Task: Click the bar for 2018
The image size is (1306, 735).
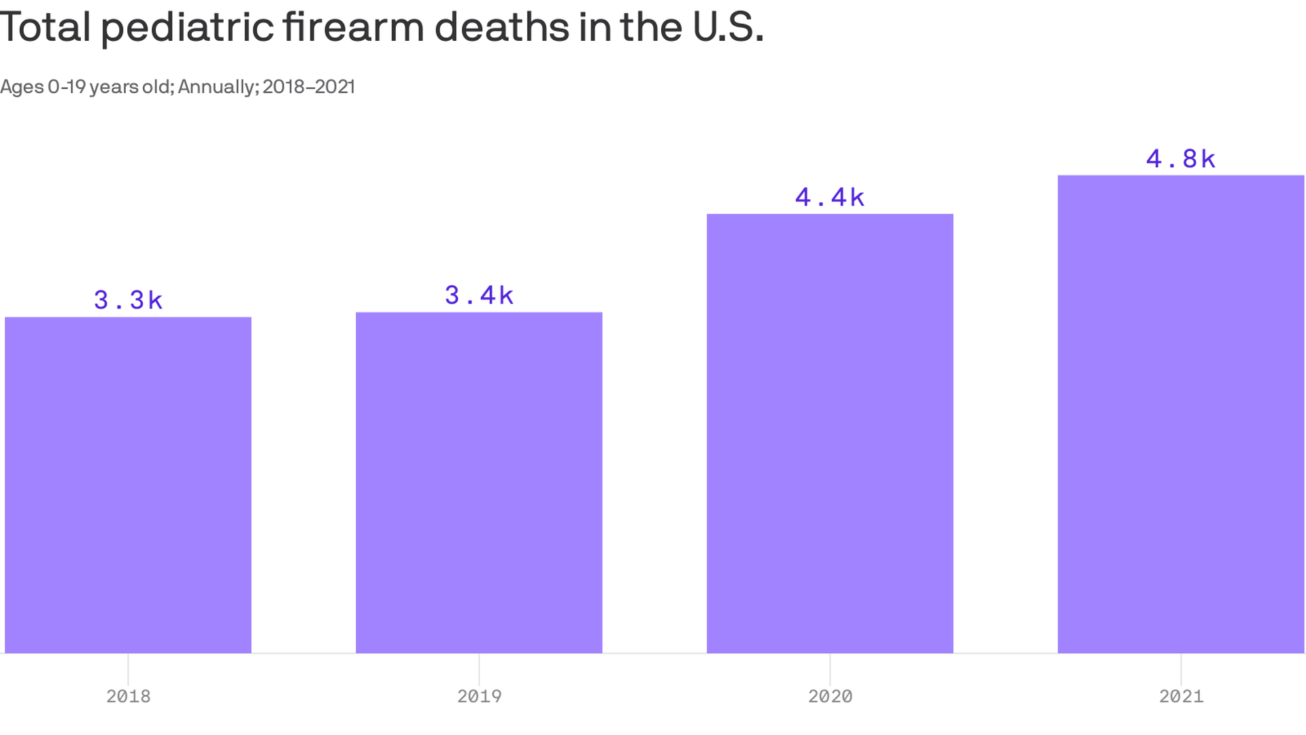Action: pyautogui.click(x=128, y=485)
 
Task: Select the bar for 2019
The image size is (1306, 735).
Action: pyautogui.click(x=479, y=483)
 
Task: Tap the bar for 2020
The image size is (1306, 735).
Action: pyautogui.click(x=830, y=434)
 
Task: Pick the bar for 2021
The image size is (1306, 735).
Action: pyautogui.click(x=1181, y=414)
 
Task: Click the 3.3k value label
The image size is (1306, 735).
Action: pyautogui.click(x=128, y=300)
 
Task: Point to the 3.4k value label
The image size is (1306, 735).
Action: pyautogui.click(x=479, y=295)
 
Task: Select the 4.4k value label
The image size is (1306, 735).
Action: pyautogui.click(x=830, y=197)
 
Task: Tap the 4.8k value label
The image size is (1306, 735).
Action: pyautogui.click(x=1181, y=159)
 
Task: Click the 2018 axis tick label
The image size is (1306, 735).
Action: pyautogui.click(x=128, y=696)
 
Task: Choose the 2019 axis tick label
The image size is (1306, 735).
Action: pyautogui.click(x=479, y=696)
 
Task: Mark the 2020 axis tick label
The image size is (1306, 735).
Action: pyautogui.click(x=830, y=696)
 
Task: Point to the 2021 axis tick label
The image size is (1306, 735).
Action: pyautogui.click(x=1181, y=696)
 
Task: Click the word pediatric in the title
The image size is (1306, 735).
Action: pyautogui.click(x=186, y=29)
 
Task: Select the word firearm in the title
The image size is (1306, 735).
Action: pyautogui.click(x=353, y=27)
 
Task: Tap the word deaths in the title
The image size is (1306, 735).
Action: pyautogui.click(x=502, y=27)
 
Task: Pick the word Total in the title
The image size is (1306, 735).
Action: pyautogui.click(x=45, y=27)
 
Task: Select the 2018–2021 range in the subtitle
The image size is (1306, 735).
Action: pyautogui.click(x=309, y=87)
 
